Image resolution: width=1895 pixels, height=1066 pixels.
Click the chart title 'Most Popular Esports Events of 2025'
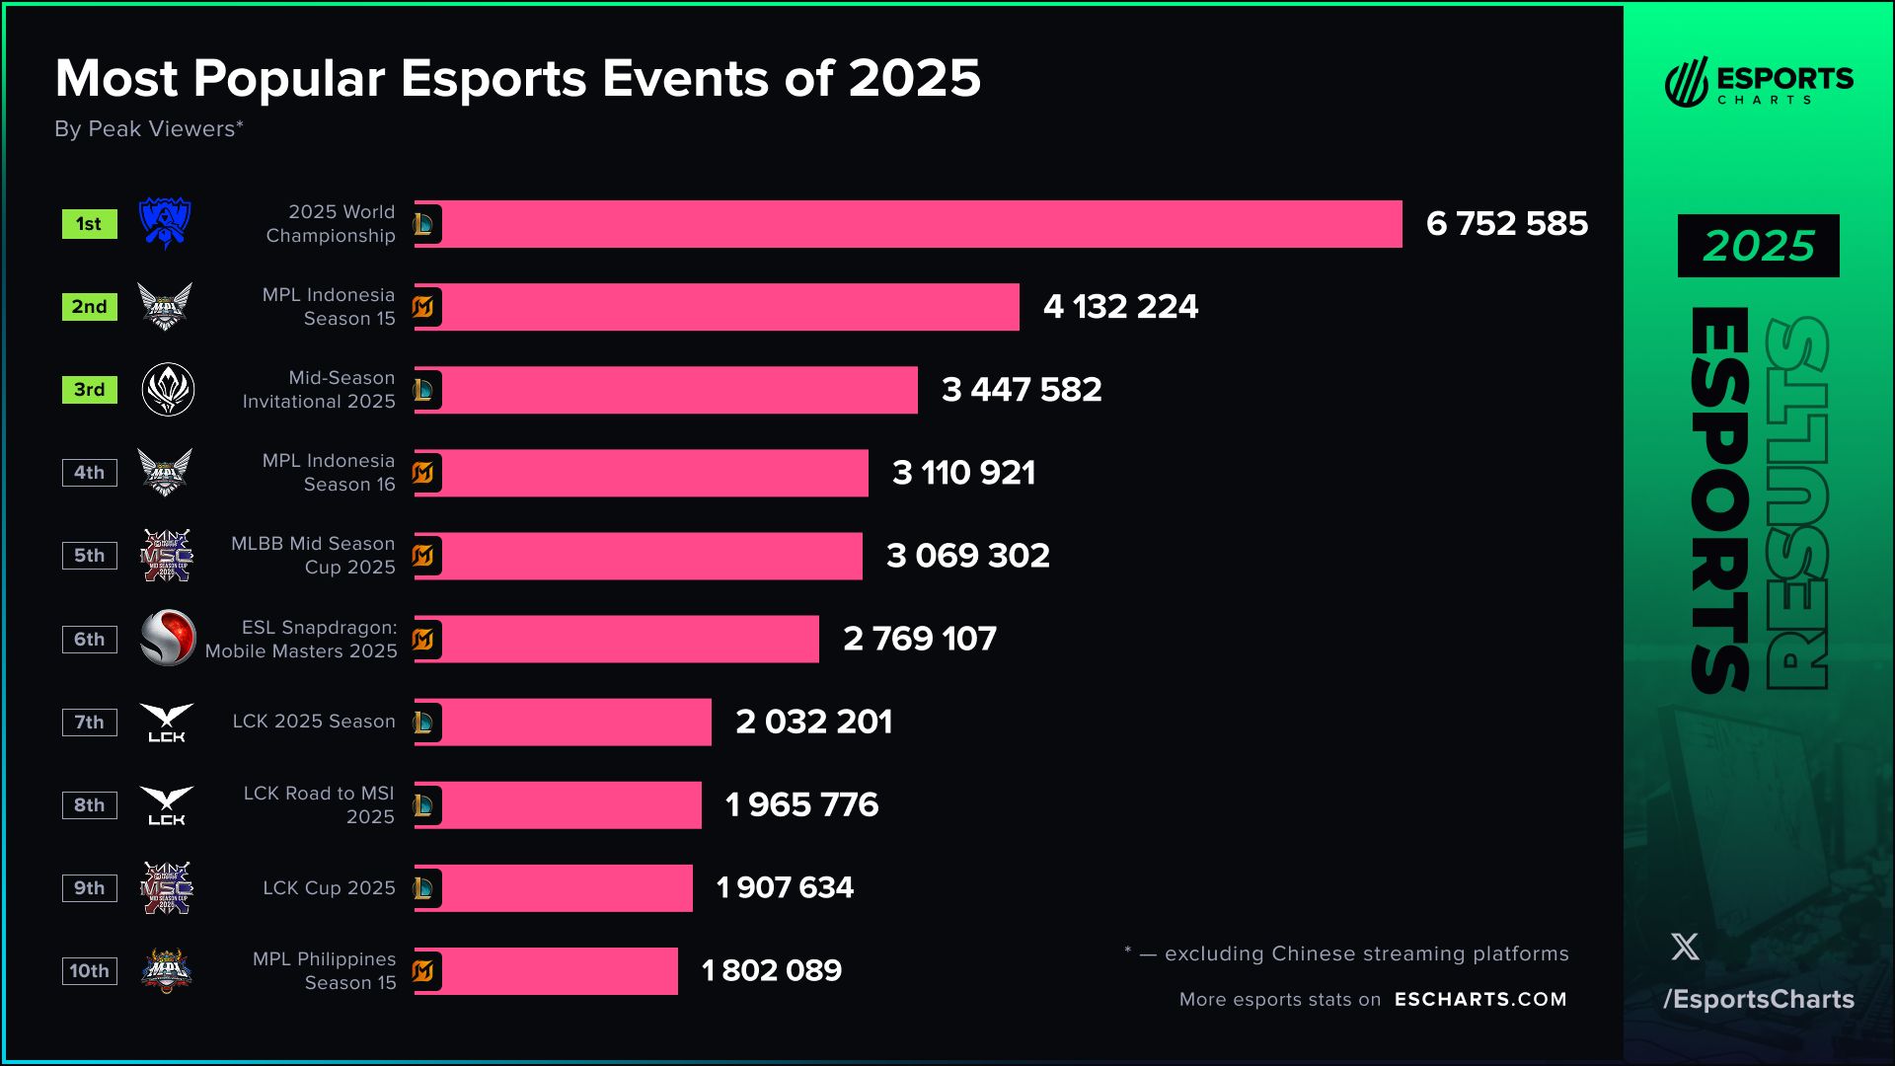coord(517,78)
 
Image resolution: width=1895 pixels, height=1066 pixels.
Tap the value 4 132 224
coord(1120,307)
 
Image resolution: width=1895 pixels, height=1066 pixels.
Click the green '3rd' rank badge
coord(89,390)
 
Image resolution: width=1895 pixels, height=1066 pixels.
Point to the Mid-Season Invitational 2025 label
coord(318,390)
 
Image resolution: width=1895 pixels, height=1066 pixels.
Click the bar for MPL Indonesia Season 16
coord(651,473)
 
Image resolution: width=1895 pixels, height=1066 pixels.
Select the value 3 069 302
coord(967,556)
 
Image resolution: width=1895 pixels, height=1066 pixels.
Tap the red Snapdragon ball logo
coord(168,638)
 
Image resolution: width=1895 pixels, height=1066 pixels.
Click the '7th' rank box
coord(89,723)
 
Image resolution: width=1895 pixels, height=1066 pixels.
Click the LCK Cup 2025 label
coord(329,888)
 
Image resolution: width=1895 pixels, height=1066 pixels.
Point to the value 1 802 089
coord(771,971)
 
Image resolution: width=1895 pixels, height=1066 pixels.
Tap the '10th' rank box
coord(89,971)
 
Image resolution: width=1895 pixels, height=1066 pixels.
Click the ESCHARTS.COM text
coord(1479,1000)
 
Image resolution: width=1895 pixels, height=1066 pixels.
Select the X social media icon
coord(1685,948)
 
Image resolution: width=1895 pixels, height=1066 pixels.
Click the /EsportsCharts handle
coord(1758,1000)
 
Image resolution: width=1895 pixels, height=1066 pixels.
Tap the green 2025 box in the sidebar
coord(1758,246)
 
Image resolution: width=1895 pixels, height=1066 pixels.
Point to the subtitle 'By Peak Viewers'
coord(148,129)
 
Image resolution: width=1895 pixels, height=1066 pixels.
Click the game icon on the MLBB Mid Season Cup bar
coord(424,556)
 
